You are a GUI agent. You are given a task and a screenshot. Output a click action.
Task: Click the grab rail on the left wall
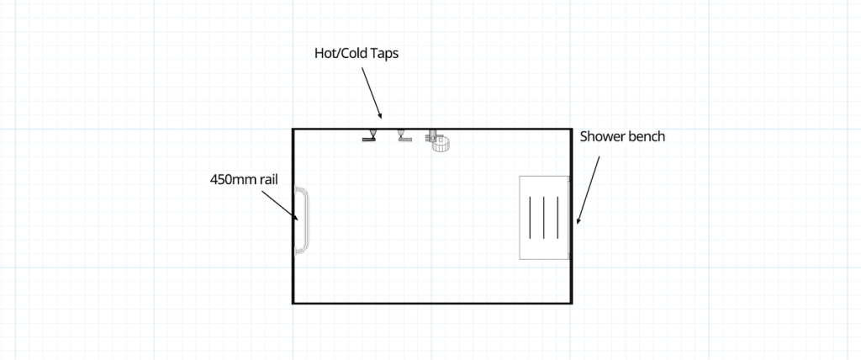(x=301, y=220)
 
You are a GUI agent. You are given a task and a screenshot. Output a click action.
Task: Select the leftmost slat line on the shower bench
(x=531, y=219)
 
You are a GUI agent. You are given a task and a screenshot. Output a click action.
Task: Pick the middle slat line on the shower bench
(x=544, y=219)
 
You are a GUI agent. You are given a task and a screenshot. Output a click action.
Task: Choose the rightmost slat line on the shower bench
(x=557, y=219)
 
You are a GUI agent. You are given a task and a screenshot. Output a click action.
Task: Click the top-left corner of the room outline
(x=293, y=130)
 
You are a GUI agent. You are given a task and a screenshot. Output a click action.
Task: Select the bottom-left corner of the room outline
(x=293, y=302)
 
